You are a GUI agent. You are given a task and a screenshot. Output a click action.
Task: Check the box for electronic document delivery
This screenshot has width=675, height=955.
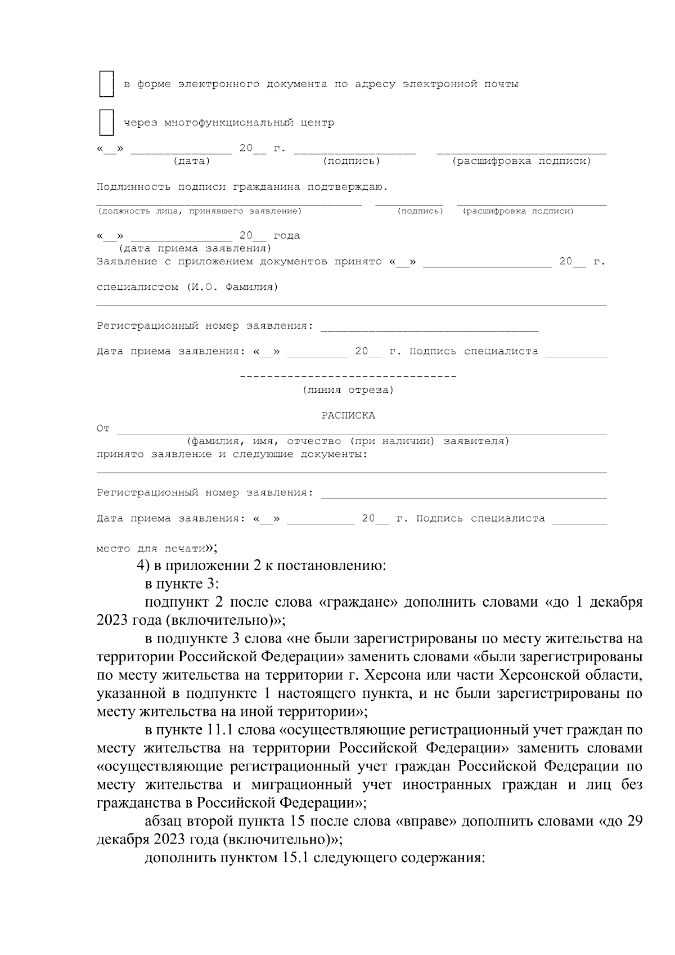[x=106, y=84]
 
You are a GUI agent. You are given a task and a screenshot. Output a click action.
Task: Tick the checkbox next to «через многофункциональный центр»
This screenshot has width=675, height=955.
[x=106, y=123]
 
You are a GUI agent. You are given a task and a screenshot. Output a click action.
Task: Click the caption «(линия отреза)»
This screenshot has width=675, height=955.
[x=348, y=390]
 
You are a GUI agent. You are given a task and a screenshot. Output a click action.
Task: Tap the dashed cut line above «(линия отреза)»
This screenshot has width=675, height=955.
[x=348, y=376]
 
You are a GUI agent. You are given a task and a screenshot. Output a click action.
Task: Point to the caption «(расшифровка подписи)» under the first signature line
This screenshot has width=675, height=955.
[x=521, y=162]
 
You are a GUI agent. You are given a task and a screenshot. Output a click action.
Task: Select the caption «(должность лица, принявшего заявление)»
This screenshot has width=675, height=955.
[x=200, y=212]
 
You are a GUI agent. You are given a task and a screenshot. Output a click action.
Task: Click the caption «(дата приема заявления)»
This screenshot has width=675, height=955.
[x=195, y=249]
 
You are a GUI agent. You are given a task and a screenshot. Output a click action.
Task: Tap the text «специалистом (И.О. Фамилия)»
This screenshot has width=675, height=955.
[x=187, y=288]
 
